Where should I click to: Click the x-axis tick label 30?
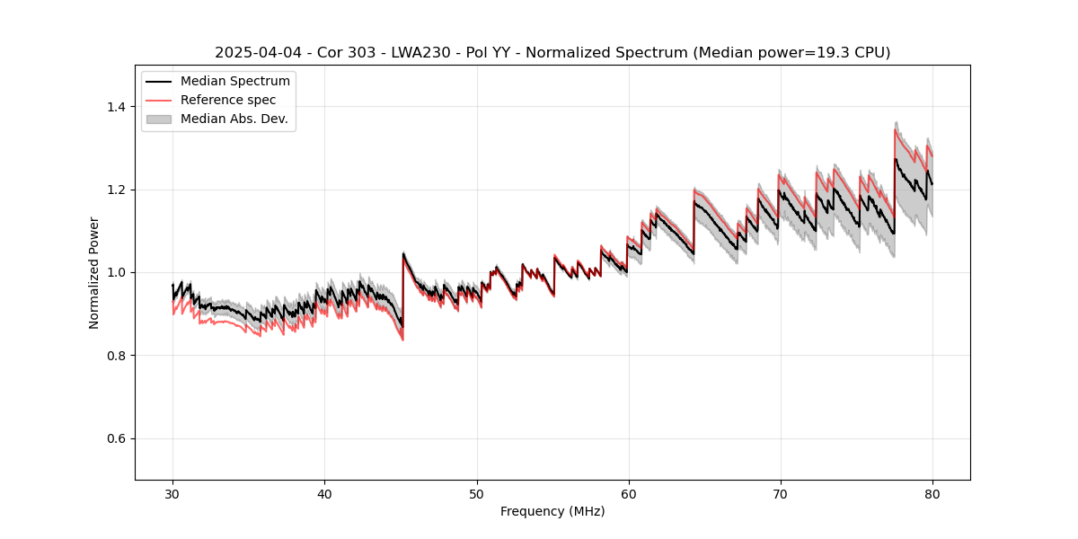[172, 494]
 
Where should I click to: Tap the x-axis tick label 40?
[324, 494]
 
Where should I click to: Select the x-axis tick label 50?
[476, 494]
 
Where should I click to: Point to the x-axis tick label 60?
[628, 494]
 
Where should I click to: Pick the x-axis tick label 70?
[780, 494]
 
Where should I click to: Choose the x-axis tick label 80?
[932, 494]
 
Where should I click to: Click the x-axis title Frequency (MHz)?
[552, 511]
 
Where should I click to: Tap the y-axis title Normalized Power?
[94, 272]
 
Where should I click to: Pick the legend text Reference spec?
[228, 100]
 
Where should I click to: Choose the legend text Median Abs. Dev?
[234, 119]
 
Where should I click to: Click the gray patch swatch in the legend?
[158, 119]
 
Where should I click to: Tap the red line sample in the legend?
[158, 100]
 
